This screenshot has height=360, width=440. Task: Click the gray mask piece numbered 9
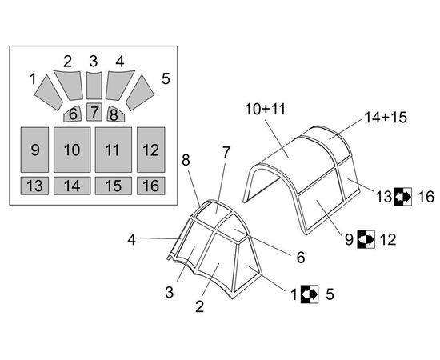tap(34, 150)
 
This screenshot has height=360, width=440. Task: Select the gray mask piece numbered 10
tap(72, 150)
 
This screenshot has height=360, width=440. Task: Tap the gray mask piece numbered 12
tap(150, 150)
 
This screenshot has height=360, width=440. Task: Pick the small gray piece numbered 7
tap(94, 112)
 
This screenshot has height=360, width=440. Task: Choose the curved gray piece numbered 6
tap(73, 114)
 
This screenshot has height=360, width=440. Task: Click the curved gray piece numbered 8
tap(115, 114)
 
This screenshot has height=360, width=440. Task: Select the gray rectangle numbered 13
tap(34, 186)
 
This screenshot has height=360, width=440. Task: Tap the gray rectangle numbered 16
tap(150, 186)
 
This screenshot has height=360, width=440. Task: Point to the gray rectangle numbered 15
tap(114, 186)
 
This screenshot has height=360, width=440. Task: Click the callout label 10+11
tap(265, 109)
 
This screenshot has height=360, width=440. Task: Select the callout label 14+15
tap(386, 118)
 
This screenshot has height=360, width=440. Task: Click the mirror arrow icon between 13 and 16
tap(403, 197)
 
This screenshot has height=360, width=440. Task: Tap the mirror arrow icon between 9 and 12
tap(366, 239)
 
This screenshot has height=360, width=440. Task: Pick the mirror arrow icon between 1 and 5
tap(310, 294)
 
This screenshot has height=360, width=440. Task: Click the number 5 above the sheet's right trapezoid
tap(166, 78)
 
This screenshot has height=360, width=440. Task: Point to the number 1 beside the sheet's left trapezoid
tap(33, 79)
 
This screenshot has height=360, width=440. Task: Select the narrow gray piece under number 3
tap(94, 86)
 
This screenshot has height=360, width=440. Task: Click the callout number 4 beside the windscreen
tap(132, 240)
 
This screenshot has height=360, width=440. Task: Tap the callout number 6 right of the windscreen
tap(301, 258)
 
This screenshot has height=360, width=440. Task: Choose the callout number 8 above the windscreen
tap(186, 160)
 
